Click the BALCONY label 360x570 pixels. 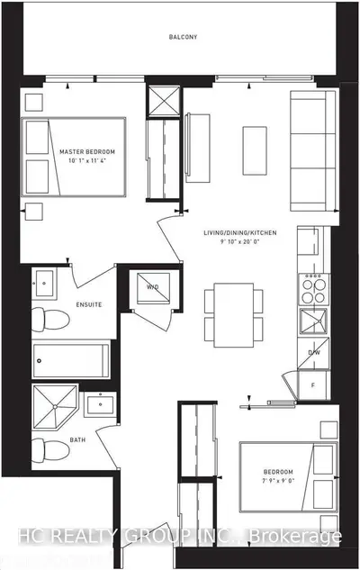pyautogui.click(x=183, y=37)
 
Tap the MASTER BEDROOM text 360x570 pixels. pyautogui.click(x=87, y=151)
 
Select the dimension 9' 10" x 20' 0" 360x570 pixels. pyautogui.click(x=239, y=241)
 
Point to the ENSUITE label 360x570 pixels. pyautogui.click(x=89, y=304)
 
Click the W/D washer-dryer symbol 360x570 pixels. pyautogui.click(x=153, y=288)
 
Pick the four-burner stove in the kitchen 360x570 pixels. pyautogui.click(x=314, y=289)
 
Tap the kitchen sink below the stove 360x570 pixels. pyautogui.click(x=313, y=321)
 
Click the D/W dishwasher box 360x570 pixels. pyautogui.click(x=313, y=353)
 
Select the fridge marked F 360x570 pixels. pyautogui.click(x=313, y=385)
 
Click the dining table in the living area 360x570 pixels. pyautogui.click(x=234, y=315)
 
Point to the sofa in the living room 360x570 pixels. pyautogui.click(x=313, y=151)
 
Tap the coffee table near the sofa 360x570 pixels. pyautogui.click(x=255, y=151)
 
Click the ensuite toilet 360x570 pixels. pyautogui.click(x=50, y=320)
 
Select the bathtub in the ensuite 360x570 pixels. pyautogui.click(x=71, y=361)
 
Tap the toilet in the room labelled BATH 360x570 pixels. pyautogui.click(x=50, y=449)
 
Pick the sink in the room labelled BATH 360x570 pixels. pyautogui.click(x=100, y=404)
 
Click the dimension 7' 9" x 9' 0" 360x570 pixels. pyautogui.click(x=278, y=480)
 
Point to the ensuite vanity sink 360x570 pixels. pyautogui.click(x=44, y=284)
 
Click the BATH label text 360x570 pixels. pyautogui.click(x=77, y=439)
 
